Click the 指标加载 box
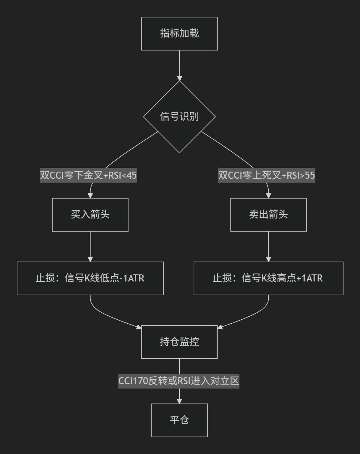[x=179, y=34]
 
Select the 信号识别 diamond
[x=179, y=117]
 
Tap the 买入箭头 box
[x=90, y=215]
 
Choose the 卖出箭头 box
[x=269, y=215]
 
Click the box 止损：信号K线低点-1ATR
[x=90, y=278]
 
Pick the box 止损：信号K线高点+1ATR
[x=269, y=278]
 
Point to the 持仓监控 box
[x=179, y=342]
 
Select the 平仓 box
[x=179, y=420]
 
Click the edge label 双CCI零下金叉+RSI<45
[x=88, y=176]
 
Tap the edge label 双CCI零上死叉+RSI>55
[x=266, y=176]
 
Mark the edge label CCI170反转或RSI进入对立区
[x=179, y=381]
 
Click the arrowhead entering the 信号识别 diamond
[x=180, y=79]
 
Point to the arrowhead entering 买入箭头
[x=90, y=196]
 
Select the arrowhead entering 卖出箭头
[x=269, y=196]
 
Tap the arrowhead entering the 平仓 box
[x=179, y=401]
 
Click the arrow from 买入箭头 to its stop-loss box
[x=90, y=247]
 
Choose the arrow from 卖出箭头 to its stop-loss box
[x=269, y=247]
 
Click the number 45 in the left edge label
[x=132, y=176]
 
